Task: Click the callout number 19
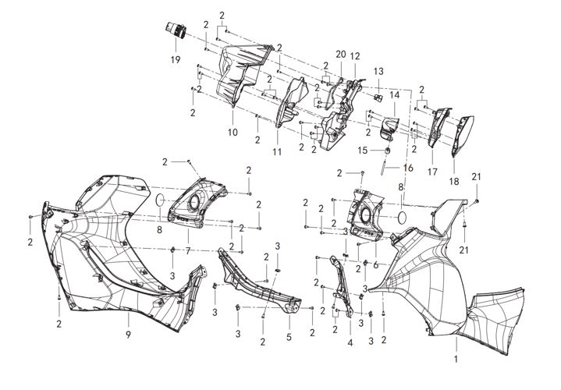tap(176, 59)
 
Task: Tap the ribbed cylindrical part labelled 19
tap(176, 30)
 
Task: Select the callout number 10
tap(233, 132)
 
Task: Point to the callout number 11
tap(277, 151)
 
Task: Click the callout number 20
tap(341, 54)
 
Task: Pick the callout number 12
tap(355, 56)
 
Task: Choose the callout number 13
tap(378, 71)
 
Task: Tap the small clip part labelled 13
tap(378, 97)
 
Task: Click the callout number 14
tap(394, 95)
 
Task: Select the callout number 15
tap(363, 150)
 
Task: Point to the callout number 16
tap(408, 168)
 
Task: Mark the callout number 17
tap(432, 172)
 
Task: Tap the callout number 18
tap(453, 181)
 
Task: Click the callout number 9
tap(128, 335)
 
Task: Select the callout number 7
tap(188, 251)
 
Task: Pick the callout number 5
tap(289, 337)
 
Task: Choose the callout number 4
tap(350, 342)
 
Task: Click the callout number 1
tap(456, 359)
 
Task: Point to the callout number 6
tap(375, 265)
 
